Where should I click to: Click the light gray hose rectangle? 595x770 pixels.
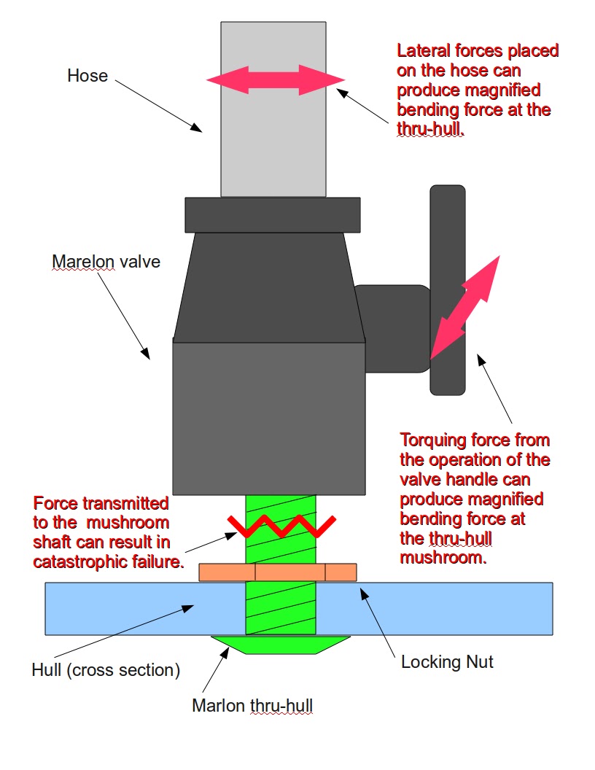[273, 139]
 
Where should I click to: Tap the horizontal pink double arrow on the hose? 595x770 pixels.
[275, 79]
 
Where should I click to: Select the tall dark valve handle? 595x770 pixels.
[447, 219]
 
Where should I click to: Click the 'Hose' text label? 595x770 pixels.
[87, 75]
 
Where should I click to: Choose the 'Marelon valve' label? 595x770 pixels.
[106, 262]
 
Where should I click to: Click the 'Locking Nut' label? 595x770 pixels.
[448, 662]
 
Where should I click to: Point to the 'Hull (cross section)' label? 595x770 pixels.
[106, 670]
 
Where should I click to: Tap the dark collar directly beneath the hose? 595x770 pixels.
[273, 214]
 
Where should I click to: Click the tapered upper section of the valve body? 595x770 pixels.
[268, 284]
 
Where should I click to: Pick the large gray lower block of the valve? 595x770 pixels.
[268, 416]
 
